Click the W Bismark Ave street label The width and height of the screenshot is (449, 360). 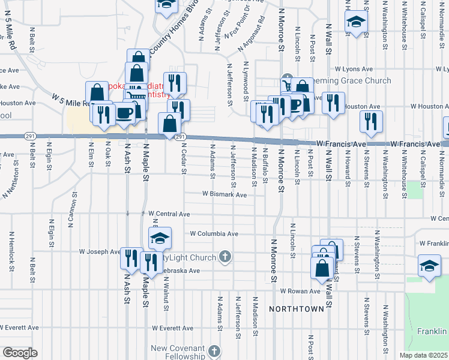tap(224, 194)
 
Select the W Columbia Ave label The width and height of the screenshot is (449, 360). tap(214, 233)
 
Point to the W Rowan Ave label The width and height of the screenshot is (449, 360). tap(300, 291)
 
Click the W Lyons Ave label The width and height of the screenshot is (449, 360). tap(355, 69)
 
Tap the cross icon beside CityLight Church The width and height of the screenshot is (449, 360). tap(225, 257)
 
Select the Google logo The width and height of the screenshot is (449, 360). tap(20, 352)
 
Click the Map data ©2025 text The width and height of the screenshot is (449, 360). tap(423, 355)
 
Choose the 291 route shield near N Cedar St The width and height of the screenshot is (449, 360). tap(179, 137)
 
